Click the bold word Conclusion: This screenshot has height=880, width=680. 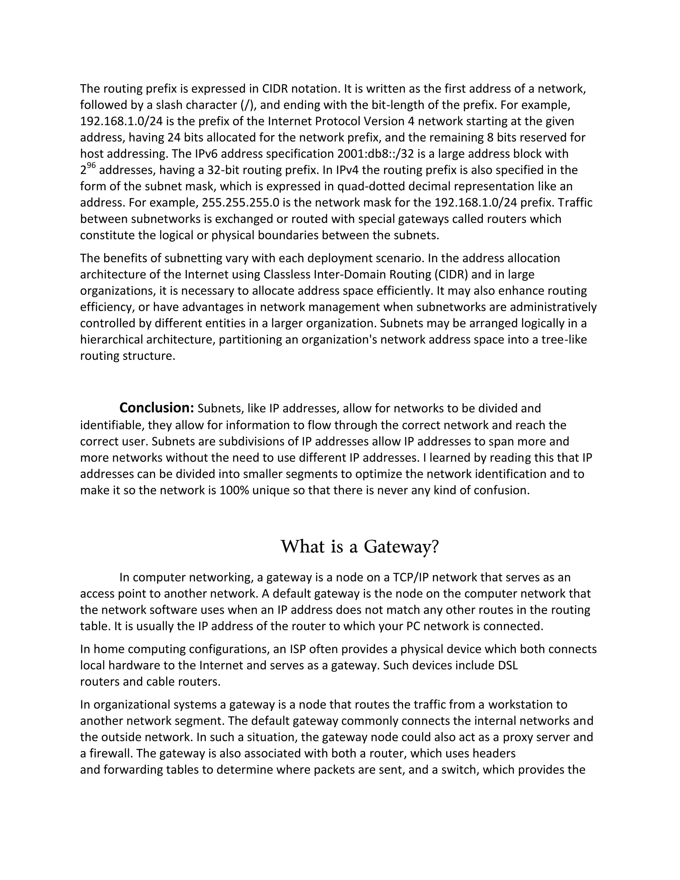pyautogui.click(x=157, y=408)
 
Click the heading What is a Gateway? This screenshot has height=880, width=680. pyautogui.click(x=359, y=547)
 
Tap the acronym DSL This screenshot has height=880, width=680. pyautogui.click(x=508, y=665)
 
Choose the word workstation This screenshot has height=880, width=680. pyautogui.click(x=521, y=704)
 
